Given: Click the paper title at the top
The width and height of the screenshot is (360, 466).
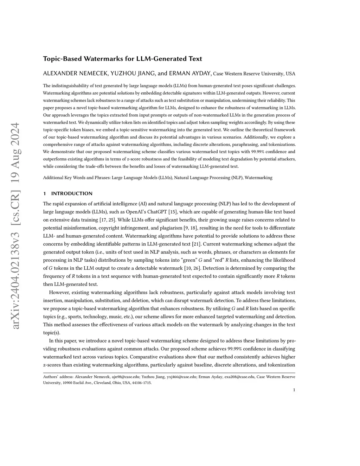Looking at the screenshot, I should pyautogui.click(x=122, y=59).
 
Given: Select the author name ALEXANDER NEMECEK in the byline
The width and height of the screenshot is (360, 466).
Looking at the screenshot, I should pyautogui.click(x=75, y=74).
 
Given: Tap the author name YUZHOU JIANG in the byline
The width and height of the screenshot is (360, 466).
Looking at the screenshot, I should pyautogui.click(x=133, y=74).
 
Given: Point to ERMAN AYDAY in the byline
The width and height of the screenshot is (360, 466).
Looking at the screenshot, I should pyautogui.click(x=190, y=74).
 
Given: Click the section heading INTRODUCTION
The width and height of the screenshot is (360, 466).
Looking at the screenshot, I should pyautogui.click(x=72, y=193).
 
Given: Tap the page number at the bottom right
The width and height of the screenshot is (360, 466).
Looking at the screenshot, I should pyautogui.click(x=294, y=390).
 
